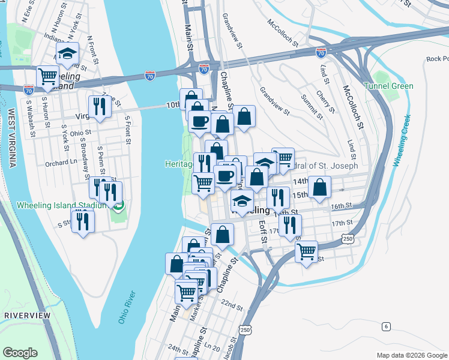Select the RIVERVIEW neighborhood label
coord(27,315)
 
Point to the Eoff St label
coord(262,231)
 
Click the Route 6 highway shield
coord(386,326)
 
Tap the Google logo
coord(20,353)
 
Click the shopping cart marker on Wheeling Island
coord(47,76)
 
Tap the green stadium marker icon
coord(119,206)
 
